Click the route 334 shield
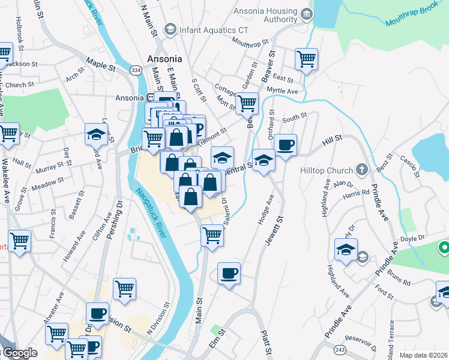[136, 71]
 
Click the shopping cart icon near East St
[306, 59]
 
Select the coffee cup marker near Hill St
[286, 145]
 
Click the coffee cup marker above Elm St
[229, 274]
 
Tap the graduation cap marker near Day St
[96, 134]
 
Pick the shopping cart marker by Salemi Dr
[212, 235]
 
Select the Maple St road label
[100, 62]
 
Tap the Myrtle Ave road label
[282, 91]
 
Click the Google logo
[20, 353]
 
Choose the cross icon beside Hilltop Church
[361, 170]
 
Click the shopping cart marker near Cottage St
[247, 103]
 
